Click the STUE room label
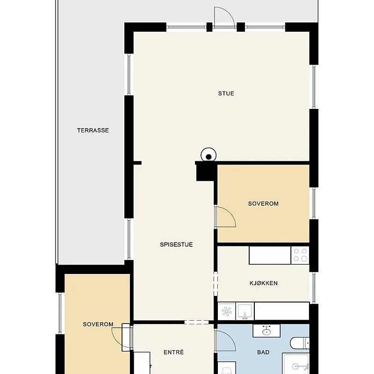pyautogui.click(x=226, y=93)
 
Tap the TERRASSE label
pyautogui.click(x=93, y=130)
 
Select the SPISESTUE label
pyautogui.click(x=176, y=245)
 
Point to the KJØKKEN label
pyautogui.click(x=264, y=283)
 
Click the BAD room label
pyautogui.click(x=263, y=352)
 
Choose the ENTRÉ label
pyautogui.click(x=173, y=352)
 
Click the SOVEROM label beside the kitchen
pyautogui.click(x=263, y=204)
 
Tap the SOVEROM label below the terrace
pyautogui.click(x=98, y=324)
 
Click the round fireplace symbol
pyautogui.click(x=209, y=156)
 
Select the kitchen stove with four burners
pyautogui.click(x=300, y=255)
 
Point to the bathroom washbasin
pyautogui.click(x=266, y=331)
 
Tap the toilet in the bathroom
pyautogui.click(x=300, y=343)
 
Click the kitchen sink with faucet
pyautogui.click(x=245, y=311)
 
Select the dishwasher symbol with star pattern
pyautogui.click(x=227, y=311)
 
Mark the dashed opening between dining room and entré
pyautogui.click(x=196, y=322)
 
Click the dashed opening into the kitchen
pyautogui.click(x=216, y=284)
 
